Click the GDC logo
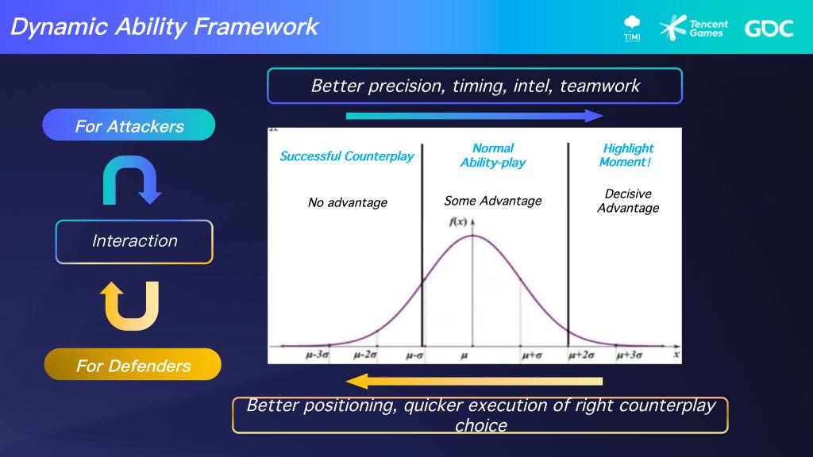[769, 29]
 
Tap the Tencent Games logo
[693, 28]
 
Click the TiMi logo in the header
[632, 29]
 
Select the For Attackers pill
[129, 125]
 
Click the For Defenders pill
[133, 364]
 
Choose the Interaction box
[134, 241]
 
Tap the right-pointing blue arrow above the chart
[474, 116]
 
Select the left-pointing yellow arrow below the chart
[474, 382]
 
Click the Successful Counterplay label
[347, 156]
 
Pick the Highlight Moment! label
[627, 155]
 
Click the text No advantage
[348, 202]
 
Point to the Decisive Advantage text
[628, 201]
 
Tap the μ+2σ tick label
[581, 355]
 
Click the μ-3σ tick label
[318, 355]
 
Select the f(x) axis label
[458, 222]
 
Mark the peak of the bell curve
[472, 236]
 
